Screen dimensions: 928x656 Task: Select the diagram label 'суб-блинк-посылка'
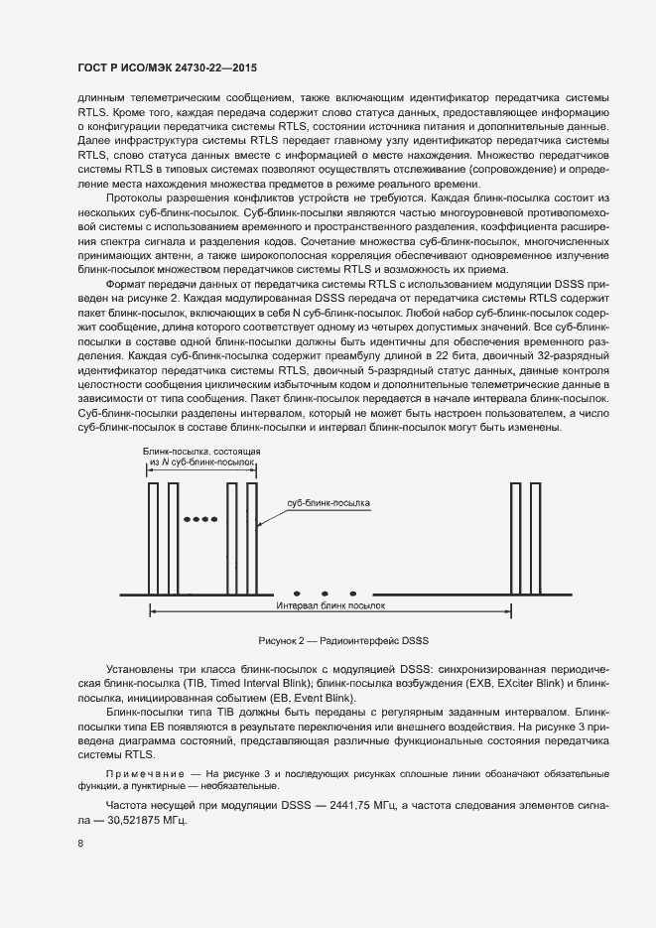(x=328, y=503)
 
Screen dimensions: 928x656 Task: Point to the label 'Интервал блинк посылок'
(x=329, y=603)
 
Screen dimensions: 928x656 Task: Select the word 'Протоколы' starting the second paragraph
(x=136, y=199)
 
